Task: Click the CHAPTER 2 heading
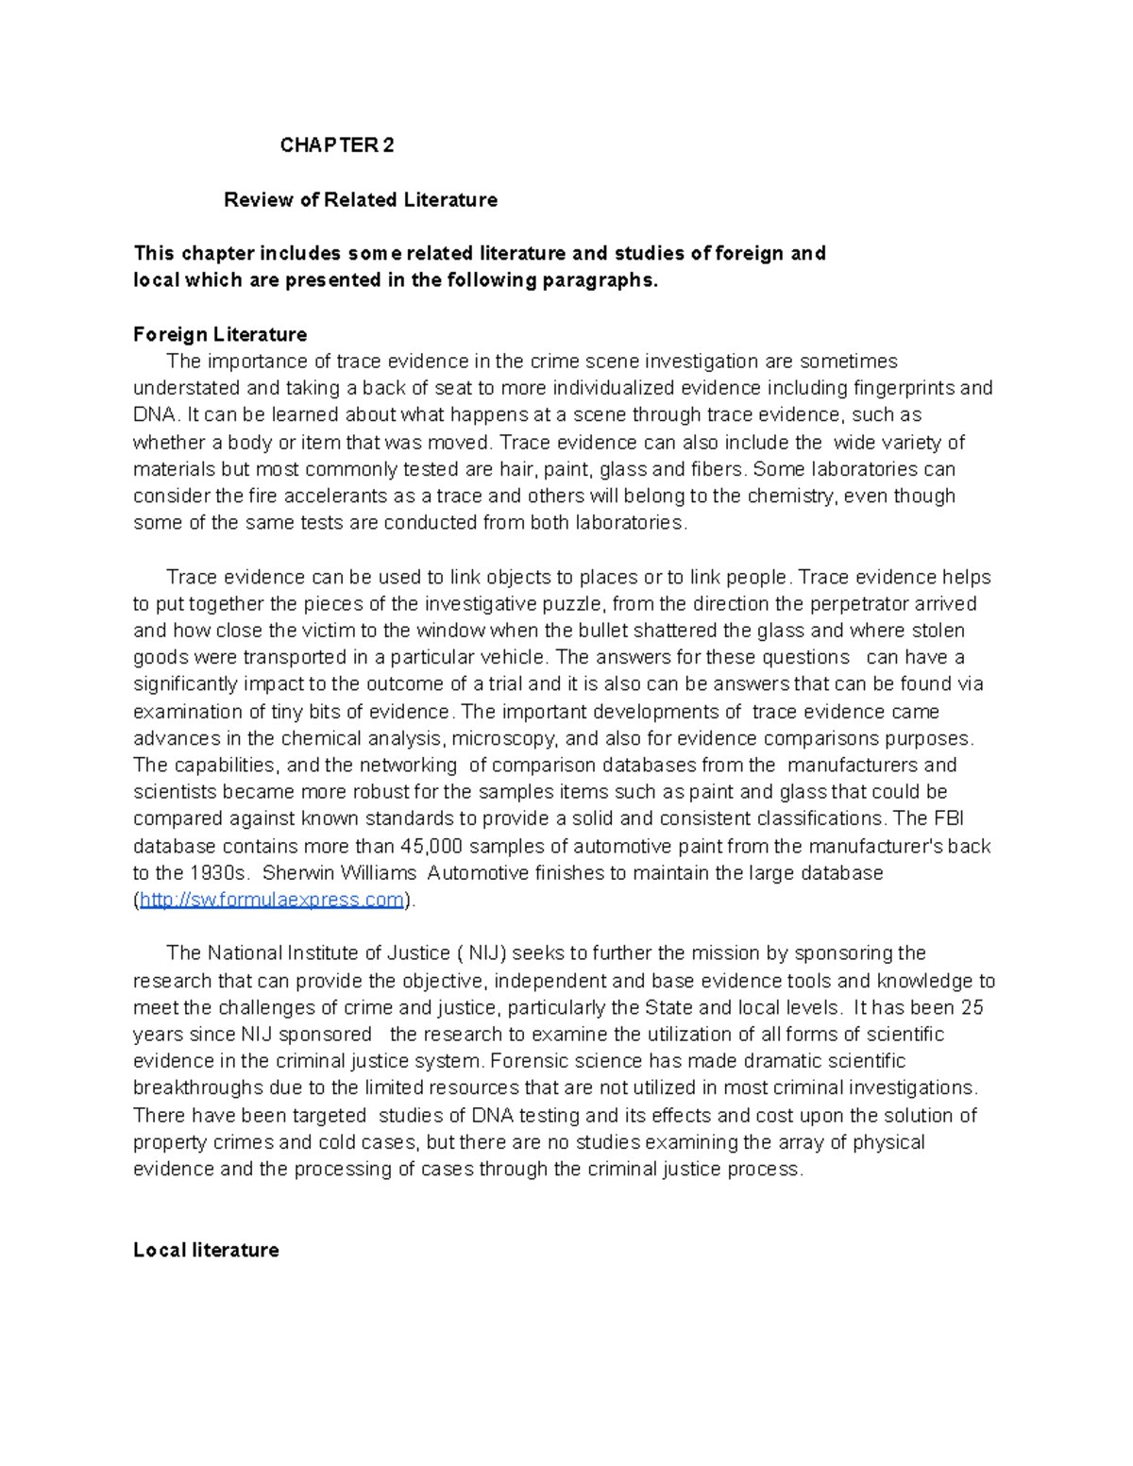coord(337,145)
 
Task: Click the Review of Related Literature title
coord(360,200)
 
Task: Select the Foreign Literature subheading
coord(220,334)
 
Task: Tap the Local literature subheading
coord(206,1250)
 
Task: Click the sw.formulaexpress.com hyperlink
coord(272,900)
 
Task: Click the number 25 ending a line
coord(972,1007)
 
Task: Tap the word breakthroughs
coord(198,1087)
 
